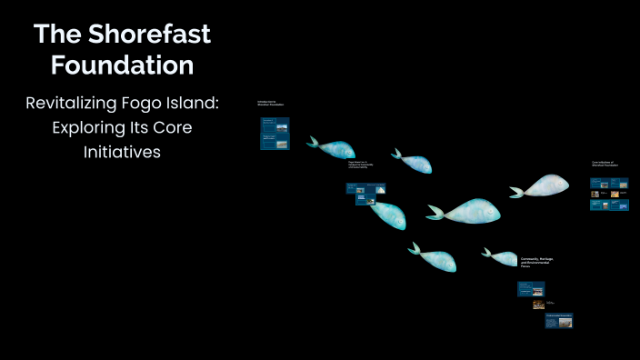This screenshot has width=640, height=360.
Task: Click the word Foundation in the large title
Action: coord(122,65)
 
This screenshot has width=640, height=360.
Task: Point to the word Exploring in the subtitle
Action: coord(88,128)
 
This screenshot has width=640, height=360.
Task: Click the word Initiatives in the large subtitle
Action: coord(122,152)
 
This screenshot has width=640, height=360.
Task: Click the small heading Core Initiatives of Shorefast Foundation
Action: coord(607,165)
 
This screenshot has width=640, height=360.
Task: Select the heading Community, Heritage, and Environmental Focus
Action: coord(536,263)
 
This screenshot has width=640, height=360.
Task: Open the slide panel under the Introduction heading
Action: coord(275,133)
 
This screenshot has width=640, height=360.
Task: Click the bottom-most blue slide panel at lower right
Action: coord(558,320)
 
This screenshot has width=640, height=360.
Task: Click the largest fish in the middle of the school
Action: coord(468,211)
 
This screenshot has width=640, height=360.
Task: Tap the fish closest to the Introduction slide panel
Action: coord(333,148)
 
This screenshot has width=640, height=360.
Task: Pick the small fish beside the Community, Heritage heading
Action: coord(501,257)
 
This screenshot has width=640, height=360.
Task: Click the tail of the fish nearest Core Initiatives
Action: coord(516,192)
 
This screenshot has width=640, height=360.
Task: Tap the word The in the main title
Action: coord(58,35)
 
